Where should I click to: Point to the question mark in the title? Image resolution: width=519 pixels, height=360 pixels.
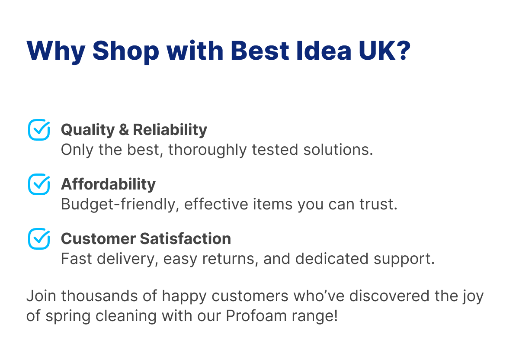[403, 51]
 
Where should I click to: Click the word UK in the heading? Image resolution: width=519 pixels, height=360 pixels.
[377, 51]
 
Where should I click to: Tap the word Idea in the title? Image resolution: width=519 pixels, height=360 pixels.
[324, 51]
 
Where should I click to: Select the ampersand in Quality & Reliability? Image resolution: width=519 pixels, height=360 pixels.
[124, 129]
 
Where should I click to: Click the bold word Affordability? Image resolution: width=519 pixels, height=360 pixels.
[108, 185]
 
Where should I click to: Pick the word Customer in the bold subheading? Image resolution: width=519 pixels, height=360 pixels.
[98, 239]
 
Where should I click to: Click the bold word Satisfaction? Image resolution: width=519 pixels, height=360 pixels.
[186, 238]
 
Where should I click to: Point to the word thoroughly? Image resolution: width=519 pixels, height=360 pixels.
[207, 150]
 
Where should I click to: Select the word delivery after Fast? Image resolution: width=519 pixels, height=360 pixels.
[128, 259]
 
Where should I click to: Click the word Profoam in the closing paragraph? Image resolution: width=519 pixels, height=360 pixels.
[256, 316]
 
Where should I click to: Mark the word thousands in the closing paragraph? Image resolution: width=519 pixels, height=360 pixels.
[99, 296]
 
